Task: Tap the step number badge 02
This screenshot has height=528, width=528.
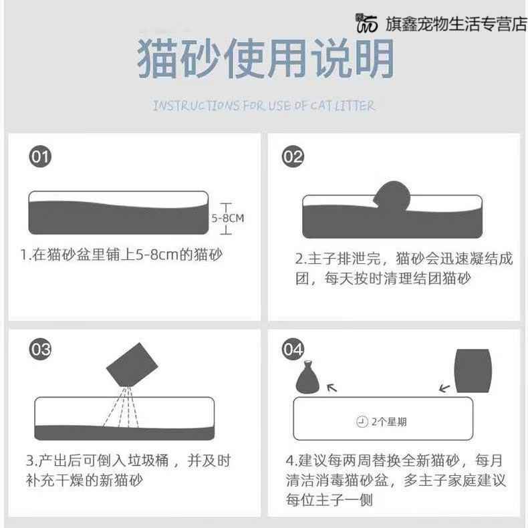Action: click(293, 157)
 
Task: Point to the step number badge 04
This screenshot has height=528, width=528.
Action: click(293, 350)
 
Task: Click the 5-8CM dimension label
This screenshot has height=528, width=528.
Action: click(228, 218)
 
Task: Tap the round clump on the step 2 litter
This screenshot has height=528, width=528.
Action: click(394, 196)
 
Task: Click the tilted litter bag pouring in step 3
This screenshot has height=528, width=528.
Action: click(132, 365)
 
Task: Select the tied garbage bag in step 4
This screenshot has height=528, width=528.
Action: click(309, 378)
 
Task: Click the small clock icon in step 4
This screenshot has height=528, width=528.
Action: click(362, 422)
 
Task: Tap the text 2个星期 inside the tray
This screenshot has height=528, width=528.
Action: click(389, 422)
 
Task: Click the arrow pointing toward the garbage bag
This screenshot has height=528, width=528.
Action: click(332, 387)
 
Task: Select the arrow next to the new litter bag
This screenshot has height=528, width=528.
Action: click(443, 386)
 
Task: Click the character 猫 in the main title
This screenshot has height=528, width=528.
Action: click(158, 59)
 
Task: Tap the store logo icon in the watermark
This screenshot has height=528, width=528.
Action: click(367, 23)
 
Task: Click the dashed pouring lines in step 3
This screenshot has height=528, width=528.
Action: click(122, 406)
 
